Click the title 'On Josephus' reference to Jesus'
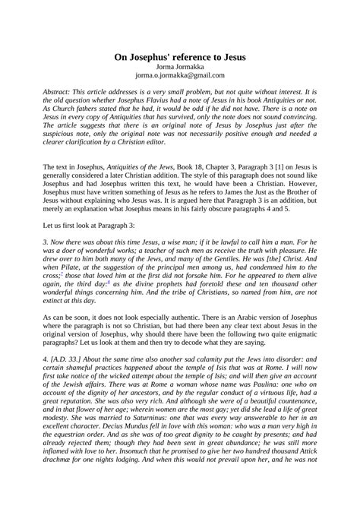[180, 56]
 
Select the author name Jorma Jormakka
[180, 66]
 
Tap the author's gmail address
[180, 75]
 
